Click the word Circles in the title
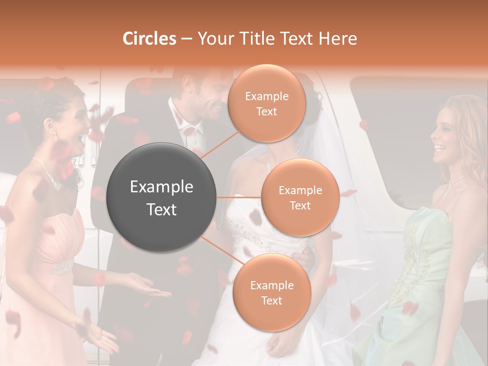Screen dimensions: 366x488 (x=149, y=39)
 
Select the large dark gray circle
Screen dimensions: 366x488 (x=161, y=198)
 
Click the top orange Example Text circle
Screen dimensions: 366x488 (x=266, y=104)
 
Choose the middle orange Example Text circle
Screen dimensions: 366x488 (x=300, y=197)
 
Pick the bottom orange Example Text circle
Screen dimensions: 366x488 (x=271, y=293)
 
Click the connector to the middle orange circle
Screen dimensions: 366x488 (x=239, y=197)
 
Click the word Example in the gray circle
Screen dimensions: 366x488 (x=161, y=187)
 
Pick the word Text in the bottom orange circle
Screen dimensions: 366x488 (x=271, y=300)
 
